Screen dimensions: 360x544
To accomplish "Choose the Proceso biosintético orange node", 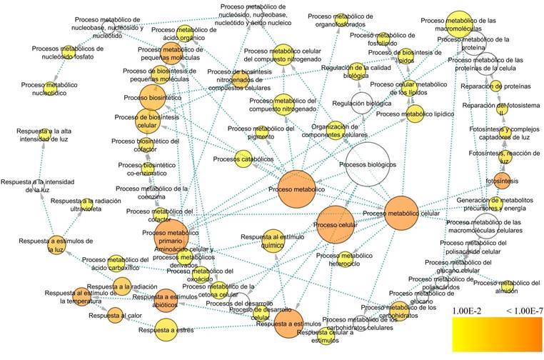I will [x=153, y=98].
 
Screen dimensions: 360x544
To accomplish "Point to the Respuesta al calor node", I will [x=116, y=315].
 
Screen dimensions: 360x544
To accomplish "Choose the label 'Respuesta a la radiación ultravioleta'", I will [x=81, y=206].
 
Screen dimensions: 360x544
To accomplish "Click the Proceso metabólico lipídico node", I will [x=415, y=113].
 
